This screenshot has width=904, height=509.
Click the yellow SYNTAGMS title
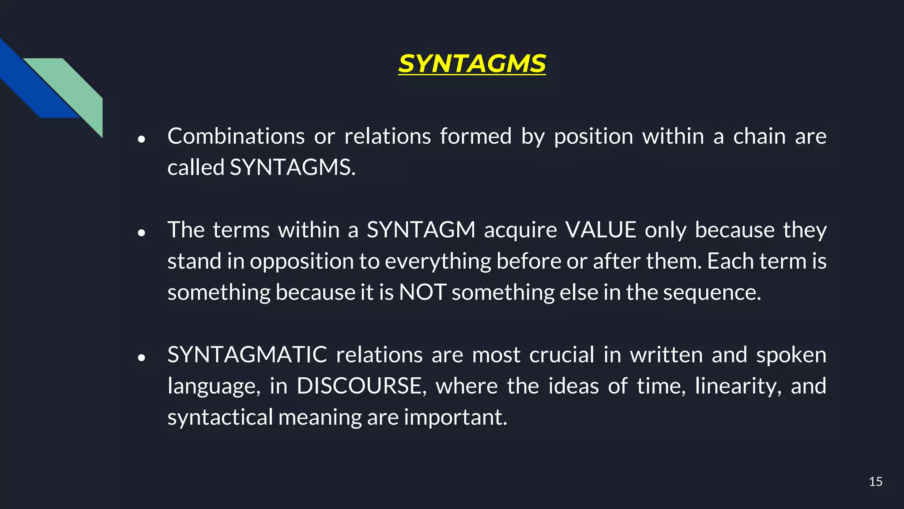[x=472, y=64]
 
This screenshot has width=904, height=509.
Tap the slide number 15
[x=875, y=482]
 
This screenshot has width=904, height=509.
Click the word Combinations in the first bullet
[x=236, y=136]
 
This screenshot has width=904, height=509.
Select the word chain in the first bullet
[x=759, y=136]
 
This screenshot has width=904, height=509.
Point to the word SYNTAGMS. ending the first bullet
[x=292, y=167]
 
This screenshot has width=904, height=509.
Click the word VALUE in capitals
[x=601, y=230]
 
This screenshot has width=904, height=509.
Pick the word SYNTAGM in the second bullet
[x=421, y=230]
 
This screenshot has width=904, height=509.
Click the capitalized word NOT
[x=422, y=292]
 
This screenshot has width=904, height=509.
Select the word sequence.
[x=712, y=292]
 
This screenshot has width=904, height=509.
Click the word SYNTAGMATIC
[x=247, y=355]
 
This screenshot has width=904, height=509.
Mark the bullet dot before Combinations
[x=141, y=139]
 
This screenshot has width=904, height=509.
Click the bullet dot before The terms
[x=141, y=233]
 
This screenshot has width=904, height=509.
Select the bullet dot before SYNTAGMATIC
[x=141, y=358]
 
